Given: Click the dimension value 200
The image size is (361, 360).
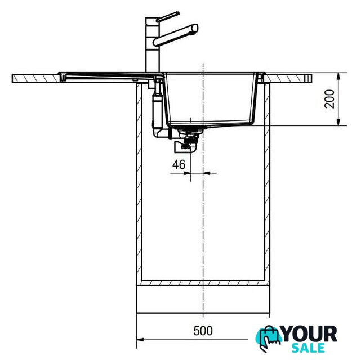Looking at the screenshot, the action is (x=329, y=99).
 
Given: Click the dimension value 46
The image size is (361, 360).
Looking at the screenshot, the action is (x=179, y=165).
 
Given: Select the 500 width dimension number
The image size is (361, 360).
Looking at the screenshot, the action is (x=203, y=331).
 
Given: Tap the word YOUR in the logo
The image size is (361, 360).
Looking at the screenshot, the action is (x=310, y=334).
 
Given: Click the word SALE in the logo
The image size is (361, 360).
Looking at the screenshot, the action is (x=308, y=348).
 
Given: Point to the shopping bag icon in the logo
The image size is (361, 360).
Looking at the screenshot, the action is (x=269, y=337).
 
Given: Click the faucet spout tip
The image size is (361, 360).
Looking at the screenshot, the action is (x=195, y=28).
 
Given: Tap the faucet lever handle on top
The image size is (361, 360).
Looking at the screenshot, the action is (x=168, y=16).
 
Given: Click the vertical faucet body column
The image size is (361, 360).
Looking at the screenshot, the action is (x=152, y=45).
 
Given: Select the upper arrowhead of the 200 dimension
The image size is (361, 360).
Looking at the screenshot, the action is (x=338, y=76).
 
